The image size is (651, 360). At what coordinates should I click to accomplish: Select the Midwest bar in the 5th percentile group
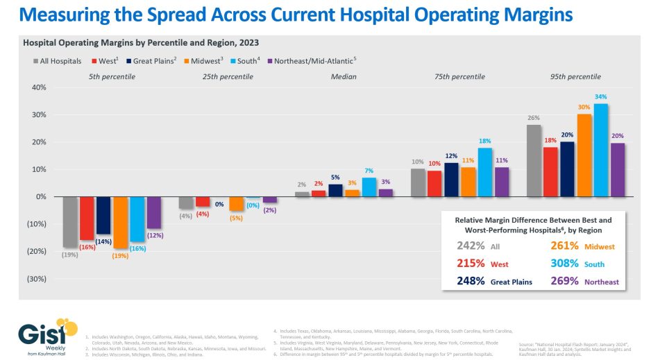pos(120,222)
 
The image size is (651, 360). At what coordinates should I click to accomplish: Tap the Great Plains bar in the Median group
pos(335,190)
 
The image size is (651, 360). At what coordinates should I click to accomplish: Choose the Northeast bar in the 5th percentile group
pos(153,212)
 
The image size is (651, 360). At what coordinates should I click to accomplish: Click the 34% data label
pos(600,97)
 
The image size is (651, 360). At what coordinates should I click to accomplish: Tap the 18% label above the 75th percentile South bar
pos(484,142)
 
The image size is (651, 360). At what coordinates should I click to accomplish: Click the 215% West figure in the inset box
pos(472,264)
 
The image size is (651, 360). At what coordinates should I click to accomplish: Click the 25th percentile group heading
pos(224,76)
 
